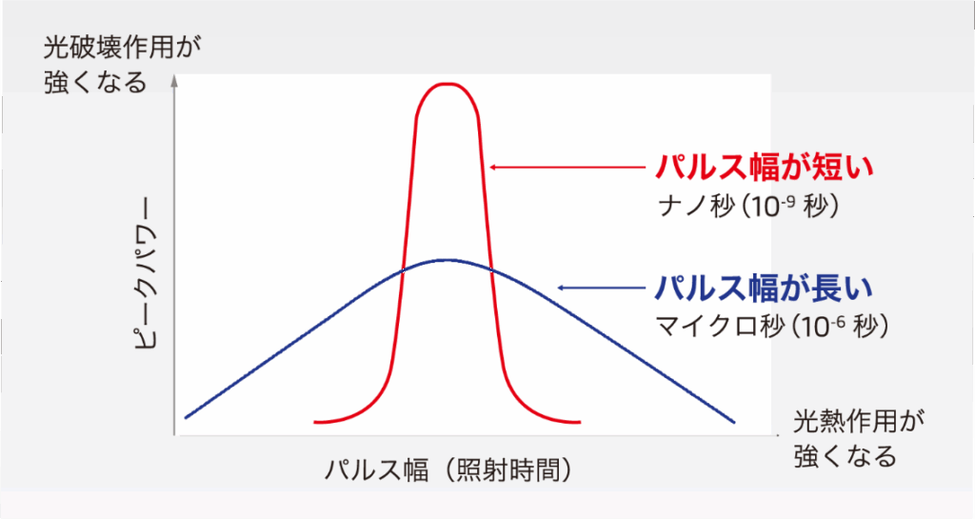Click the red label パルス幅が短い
coord(765,167)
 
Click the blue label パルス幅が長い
coord(765,288)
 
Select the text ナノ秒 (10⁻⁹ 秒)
coord(748,206)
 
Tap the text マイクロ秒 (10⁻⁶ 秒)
coord(772,326)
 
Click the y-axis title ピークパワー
coord(147,273)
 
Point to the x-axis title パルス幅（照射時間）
coord(448,470)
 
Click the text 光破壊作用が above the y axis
coord(123,48)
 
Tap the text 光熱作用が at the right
coord(859,422)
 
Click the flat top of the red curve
coord(448,83)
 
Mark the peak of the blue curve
coord(447,260)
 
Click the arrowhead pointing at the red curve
coord(492,167)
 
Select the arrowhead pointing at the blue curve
coord(561,288)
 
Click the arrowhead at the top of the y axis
coord(175,80)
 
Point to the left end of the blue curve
coord(186,418)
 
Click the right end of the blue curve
coord(734,423)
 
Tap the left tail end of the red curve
coord(315,422)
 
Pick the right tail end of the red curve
coord(579,422)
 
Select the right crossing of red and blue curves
coord(491,269)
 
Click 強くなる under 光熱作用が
coord(846,456)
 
